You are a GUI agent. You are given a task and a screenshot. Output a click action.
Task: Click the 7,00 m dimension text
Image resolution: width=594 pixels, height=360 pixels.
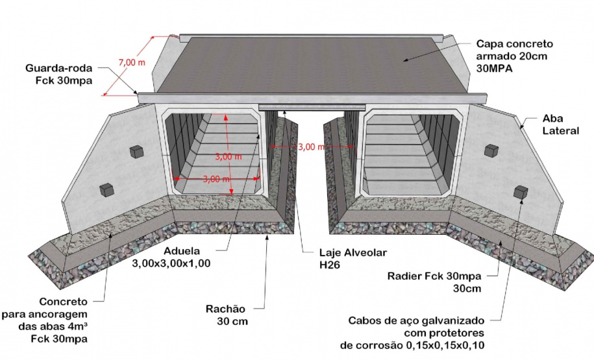[132, 62]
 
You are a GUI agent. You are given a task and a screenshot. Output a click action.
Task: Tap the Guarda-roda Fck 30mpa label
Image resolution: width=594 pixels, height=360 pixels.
[58, 74]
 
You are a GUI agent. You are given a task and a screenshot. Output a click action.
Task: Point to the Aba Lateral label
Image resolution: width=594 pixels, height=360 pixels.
[561, 125]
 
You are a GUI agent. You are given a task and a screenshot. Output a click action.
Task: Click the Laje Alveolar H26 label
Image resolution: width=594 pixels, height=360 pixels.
[353, 259]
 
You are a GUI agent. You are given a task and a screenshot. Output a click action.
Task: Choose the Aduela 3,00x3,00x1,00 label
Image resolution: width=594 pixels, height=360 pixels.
[171, 257]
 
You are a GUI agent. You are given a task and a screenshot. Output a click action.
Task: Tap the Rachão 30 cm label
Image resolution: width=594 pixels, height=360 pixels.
[227, 315]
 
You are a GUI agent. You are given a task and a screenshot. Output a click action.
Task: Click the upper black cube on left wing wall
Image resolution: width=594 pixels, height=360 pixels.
[136, 152]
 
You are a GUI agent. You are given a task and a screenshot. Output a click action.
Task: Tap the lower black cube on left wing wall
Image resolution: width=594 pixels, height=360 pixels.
[106, 189]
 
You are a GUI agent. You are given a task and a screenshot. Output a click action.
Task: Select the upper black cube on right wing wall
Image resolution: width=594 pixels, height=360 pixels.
[491, 150]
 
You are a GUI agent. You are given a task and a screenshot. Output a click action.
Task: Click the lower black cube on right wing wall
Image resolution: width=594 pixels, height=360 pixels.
[521, 192]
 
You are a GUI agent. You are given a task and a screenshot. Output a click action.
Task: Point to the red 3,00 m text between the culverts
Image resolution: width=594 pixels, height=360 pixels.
[311, 147]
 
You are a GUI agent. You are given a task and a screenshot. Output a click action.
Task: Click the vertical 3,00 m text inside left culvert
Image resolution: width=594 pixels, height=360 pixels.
[229, 156]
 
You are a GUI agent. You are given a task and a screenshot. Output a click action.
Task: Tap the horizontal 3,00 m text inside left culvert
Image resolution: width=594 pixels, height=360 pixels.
[216, 178]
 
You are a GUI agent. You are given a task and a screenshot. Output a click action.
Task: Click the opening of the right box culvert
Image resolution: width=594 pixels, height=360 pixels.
[411, 153]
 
